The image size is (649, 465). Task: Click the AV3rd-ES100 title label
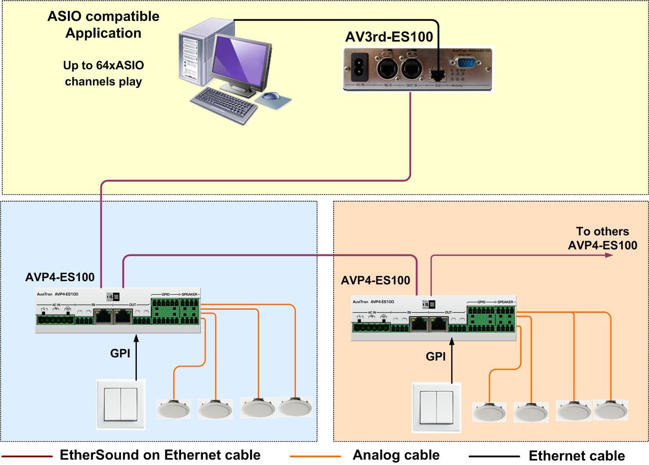(389, 37)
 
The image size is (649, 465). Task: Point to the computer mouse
(272, 96)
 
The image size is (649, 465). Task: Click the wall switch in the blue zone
(121, 404)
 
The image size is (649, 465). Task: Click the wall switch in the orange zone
(436, 408)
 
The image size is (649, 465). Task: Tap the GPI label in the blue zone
(120, 353)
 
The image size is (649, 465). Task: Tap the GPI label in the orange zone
(435, 357)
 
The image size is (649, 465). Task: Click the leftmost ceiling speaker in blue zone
(174, 409)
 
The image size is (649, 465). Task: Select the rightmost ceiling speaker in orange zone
(610, 410)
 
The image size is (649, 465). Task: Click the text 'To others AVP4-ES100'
(603, 238)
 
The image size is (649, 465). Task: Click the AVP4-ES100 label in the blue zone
(60, 277)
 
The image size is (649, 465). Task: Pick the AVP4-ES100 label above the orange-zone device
(375, 280)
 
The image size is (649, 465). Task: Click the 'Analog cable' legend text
(396, 455)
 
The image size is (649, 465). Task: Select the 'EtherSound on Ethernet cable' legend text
(160, 455)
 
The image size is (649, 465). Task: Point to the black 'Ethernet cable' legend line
(494, 457)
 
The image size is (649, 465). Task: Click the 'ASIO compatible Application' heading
(103, 25)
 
